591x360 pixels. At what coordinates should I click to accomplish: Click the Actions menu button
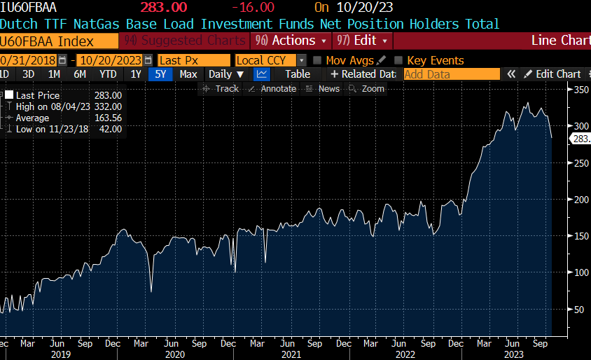point(291,41)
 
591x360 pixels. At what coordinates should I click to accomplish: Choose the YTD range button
point(108,74)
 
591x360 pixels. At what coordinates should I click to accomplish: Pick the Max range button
point(188,74)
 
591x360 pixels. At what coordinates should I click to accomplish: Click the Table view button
point(298,74)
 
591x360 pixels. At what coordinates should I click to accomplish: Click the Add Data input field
point(452,74)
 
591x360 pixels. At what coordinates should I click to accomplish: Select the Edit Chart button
point(552,74)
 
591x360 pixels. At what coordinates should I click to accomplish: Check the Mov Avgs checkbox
point(318,61)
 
